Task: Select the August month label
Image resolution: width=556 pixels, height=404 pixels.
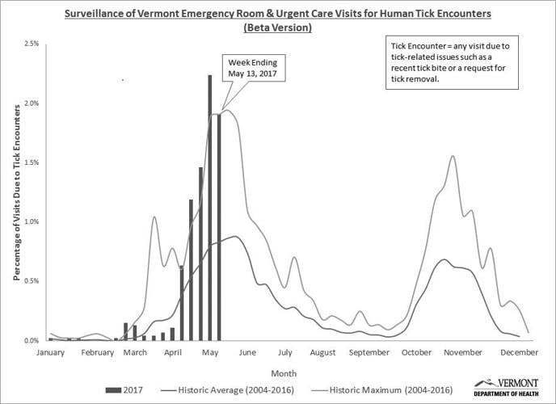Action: [322, 353]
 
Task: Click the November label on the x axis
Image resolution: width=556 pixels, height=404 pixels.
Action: [464, 353]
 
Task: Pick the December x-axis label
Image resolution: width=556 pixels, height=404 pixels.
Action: [519, 353]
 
